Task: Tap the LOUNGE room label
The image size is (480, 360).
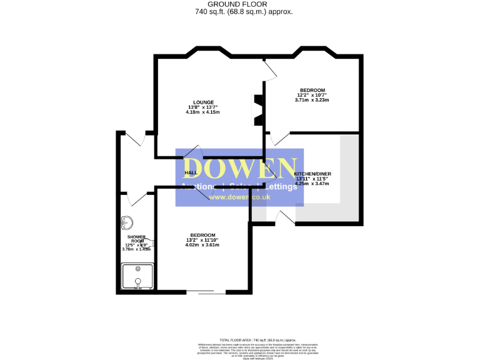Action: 203,102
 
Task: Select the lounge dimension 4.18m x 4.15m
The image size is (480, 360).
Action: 203,112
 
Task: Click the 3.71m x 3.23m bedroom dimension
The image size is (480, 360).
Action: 312,100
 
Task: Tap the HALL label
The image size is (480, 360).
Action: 191,172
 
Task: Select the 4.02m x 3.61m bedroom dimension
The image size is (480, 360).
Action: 202,244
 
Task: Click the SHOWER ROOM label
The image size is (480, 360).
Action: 136,240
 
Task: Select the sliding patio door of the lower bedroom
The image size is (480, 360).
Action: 207,292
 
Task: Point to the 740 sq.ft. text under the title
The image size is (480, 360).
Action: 244,11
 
